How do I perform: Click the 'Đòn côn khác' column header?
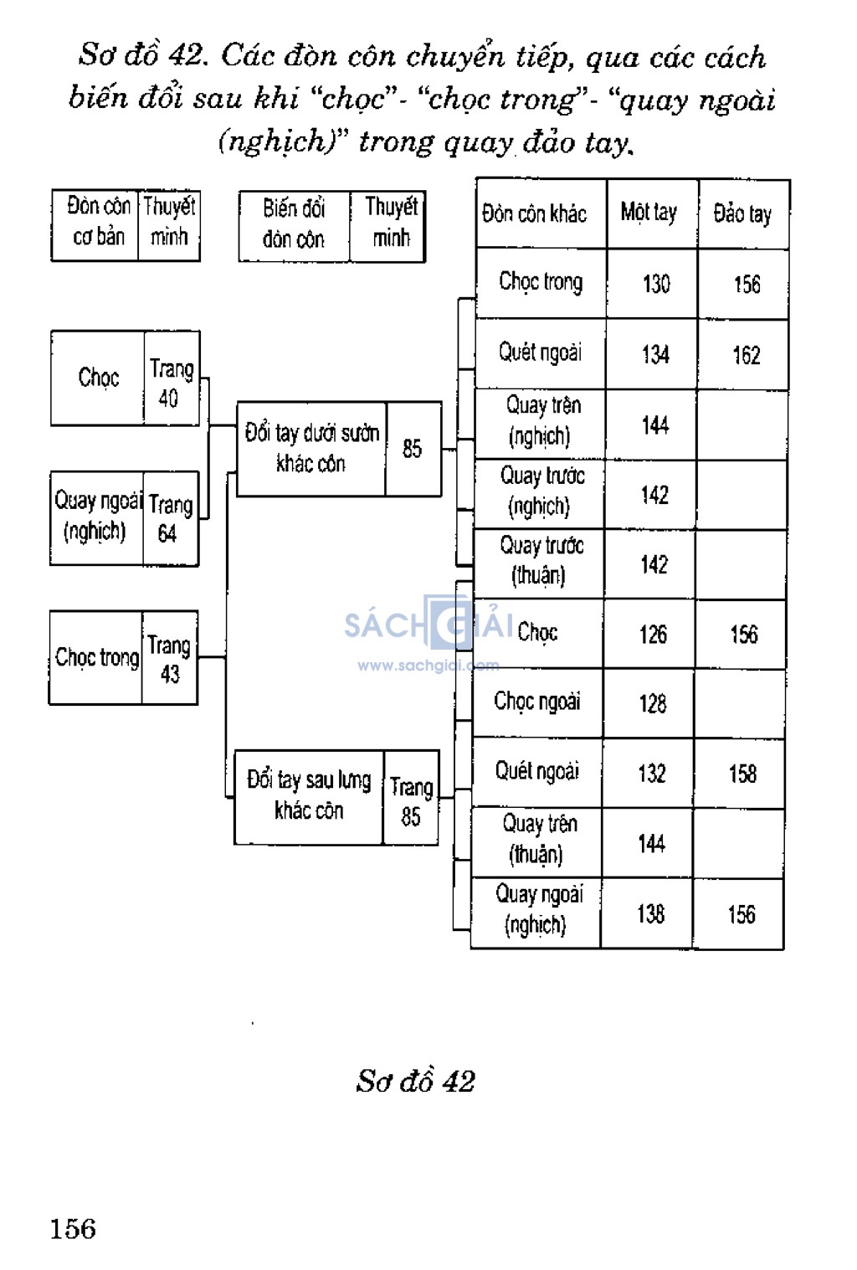point(535,213)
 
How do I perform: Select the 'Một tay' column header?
point(649,213)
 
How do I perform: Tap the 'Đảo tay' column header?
point(742,214)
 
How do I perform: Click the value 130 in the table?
point(656,284)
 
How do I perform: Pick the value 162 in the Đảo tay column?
point(747,355)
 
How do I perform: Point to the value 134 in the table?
point(655,354)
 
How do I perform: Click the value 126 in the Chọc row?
point(653,635)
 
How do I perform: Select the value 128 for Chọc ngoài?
point(653,704)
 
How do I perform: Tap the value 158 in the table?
point(742,774)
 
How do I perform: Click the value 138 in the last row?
point(650,913)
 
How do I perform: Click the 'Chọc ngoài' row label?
point(537,702)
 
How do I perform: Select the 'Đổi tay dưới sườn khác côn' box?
point(311,449)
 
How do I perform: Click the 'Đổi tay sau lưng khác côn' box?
point(309,796)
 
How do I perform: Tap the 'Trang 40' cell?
point(171,383)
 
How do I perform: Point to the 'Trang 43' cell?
point(169,659)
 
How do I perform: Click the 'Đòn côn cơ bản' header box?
point(98,222)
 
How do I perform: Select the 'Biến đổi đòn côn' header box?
point(294,224)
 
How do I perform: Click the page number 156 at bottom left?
point(73,1229)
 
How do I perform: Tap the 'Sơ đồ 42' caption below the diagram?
point(415,1081)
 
